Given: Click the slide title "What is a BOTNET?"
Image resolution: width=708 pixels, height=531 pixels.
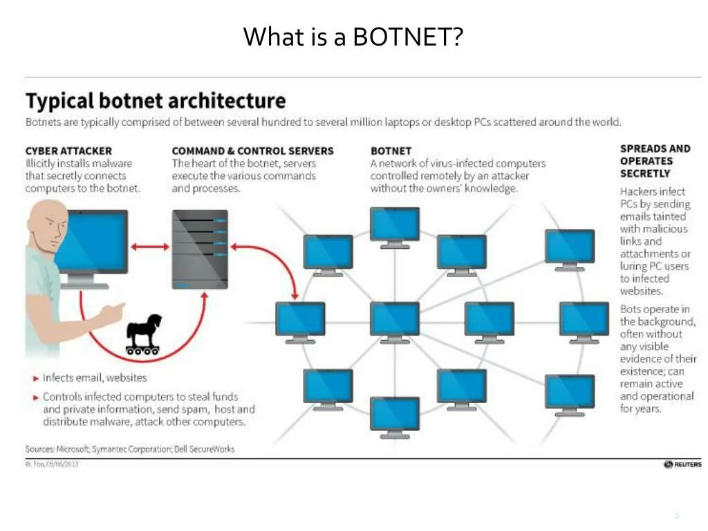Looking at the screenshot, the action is point(353,37).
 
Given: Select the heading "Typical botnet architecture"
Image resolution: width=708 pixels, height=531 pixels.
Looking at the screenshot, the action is point(156,101).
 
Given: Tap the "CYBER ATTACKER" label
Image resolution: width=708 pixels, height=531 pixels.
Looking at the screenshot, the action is point(68,151).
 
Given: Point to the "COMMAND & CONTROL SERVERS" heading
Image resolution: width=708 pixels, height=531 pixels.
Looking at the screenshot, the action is point(252,151).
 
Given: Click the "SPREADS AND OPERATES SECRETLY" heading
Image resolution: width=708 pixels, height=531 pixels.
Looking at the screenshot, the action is point(655,160).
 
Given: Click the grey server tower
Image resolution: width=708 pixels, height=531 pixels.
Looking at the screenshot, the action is point(200,249).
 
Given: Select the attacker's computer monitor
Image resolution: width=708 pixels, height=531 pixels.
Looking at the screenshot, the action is point(92,243).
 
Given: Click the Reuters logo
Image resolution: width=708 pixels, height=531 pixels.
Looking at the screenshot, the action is point(682,465).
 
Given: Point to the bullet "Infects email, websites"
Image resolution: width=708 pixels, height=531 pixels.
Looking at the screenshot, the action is point(95,378).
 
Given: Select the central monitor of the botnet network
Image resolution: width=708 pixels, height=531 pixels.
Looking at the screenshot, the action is point(394,319).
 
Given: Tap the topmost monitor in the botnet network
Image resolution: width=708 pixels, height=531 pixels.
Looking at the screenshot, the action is point(394,225).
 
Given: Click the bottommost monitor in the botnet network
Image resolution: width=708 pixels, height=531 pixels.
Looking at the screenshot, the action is point(394,415).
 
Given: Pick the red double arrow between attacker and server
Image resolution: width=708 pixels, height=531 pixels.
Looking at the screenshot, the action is point(150,245).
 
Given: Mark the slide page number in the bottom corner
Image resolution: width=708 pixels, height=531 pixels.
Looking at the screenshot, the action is point(677,516).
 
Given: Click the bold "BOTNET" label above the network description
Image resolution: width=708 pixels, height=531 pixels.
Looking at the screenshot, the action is point(391,151).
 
